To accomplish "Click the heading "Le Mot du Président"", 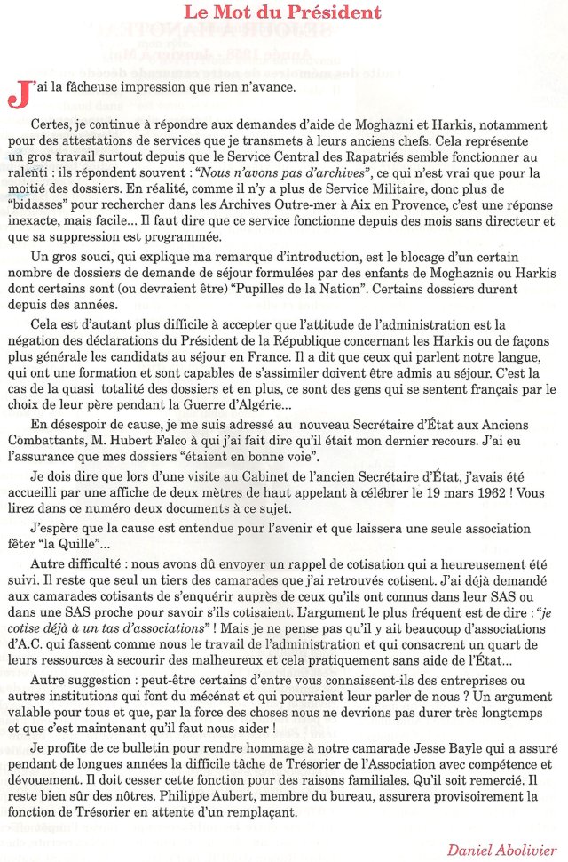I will (283, 12).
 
